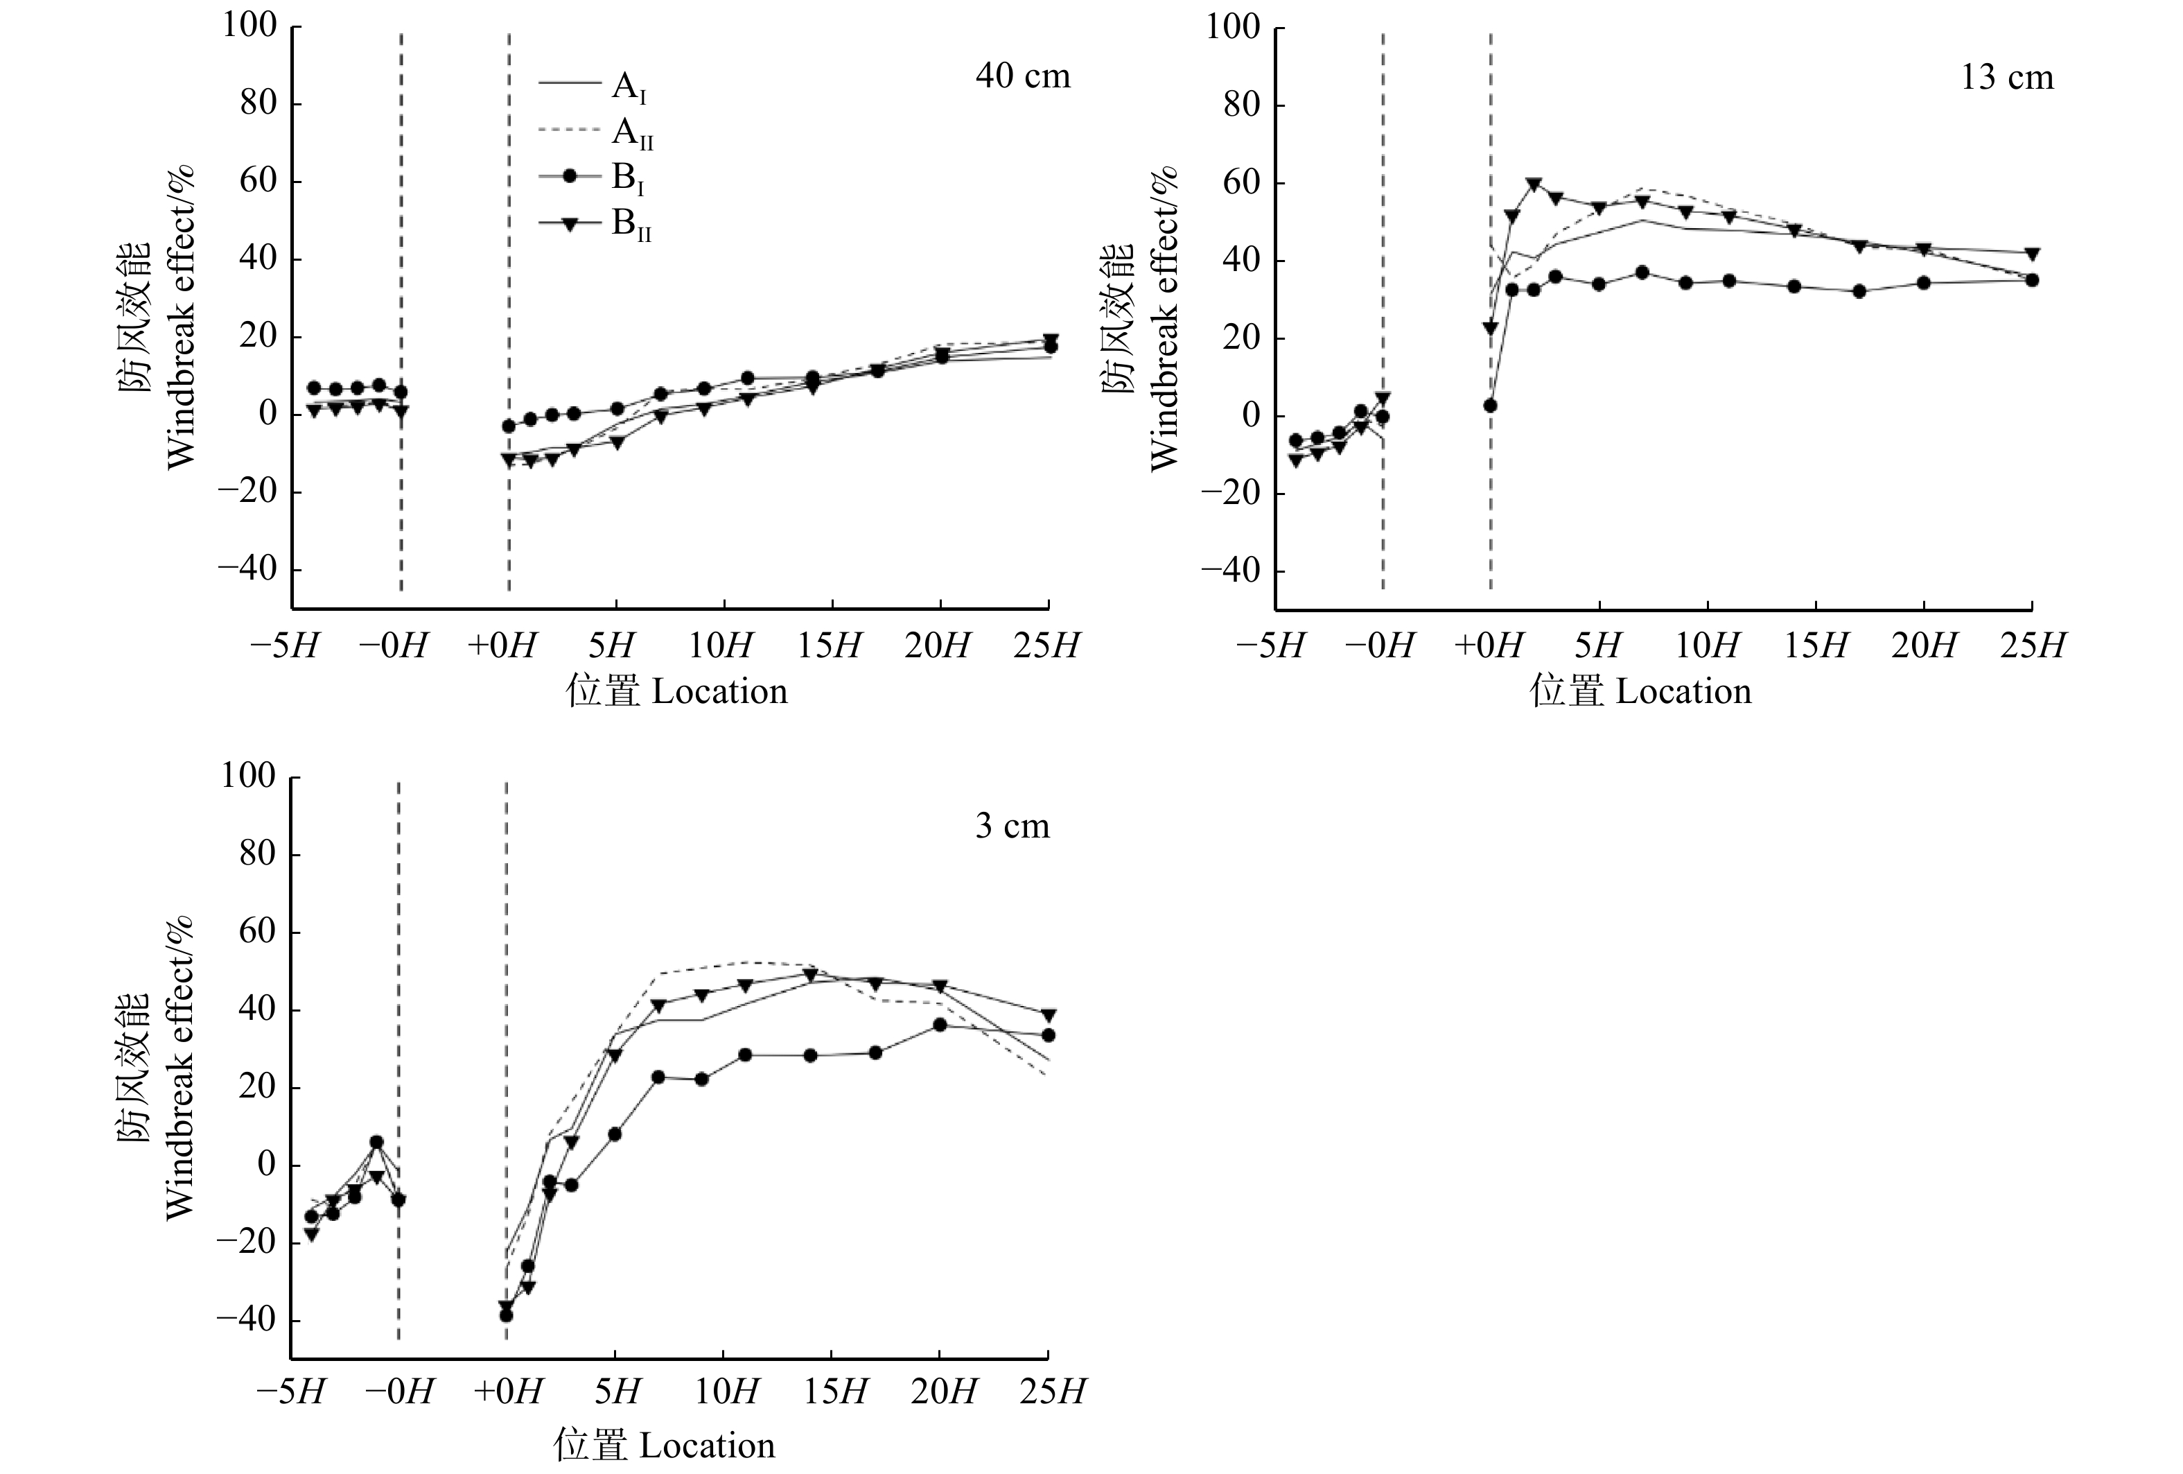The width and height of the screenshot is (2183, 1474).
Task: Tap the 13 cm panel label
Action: pos(2006,78)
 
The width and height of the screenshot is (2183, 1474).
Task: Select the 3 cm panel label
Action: pos(1012,826)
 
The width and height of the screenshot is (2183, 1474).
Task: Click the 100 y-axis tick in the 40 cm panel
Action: pos(249,26)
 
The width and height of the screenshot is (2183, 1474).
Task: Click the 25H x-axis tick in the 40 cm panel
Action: pos(1047,646)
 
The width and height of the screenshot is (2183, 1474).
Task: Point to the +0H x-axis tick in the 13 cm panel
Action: pos(1488,646)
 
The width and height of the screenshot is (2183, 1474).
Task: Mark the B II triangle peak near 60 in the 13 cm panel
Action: pos(1534,184)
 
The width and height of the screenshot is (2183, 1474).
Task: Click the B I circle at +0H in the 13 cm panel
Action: pos(1490,406)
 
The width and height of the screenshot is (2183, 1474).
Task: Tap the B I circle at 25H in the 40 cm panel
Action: pos(1050,347)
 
